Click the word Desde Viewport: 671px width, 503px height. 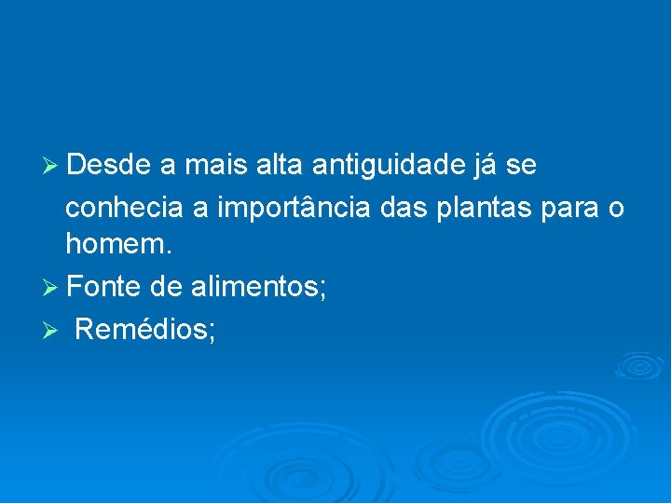[x=108, y=166]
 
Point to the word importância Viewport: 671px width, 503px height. [x=294, y=206]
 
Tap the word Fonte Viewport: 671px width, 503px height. [x=105, y=287]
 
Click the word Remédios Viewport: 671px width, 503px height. [x=144, y=328]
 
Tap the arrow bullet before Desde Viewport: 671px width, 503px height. [x=52, y=167]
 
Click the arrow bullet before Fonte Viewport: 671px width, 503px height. [x=52, y=288]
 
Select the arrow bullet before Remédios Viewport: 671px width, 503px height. [x=52, y=329]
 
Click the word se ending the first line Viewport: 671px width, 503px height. [x=521, y=167]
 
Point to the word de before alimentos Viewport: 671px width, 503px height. [x=165, y=287]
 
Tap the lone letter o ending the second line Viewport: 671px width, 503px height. [x=616, y=208]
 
